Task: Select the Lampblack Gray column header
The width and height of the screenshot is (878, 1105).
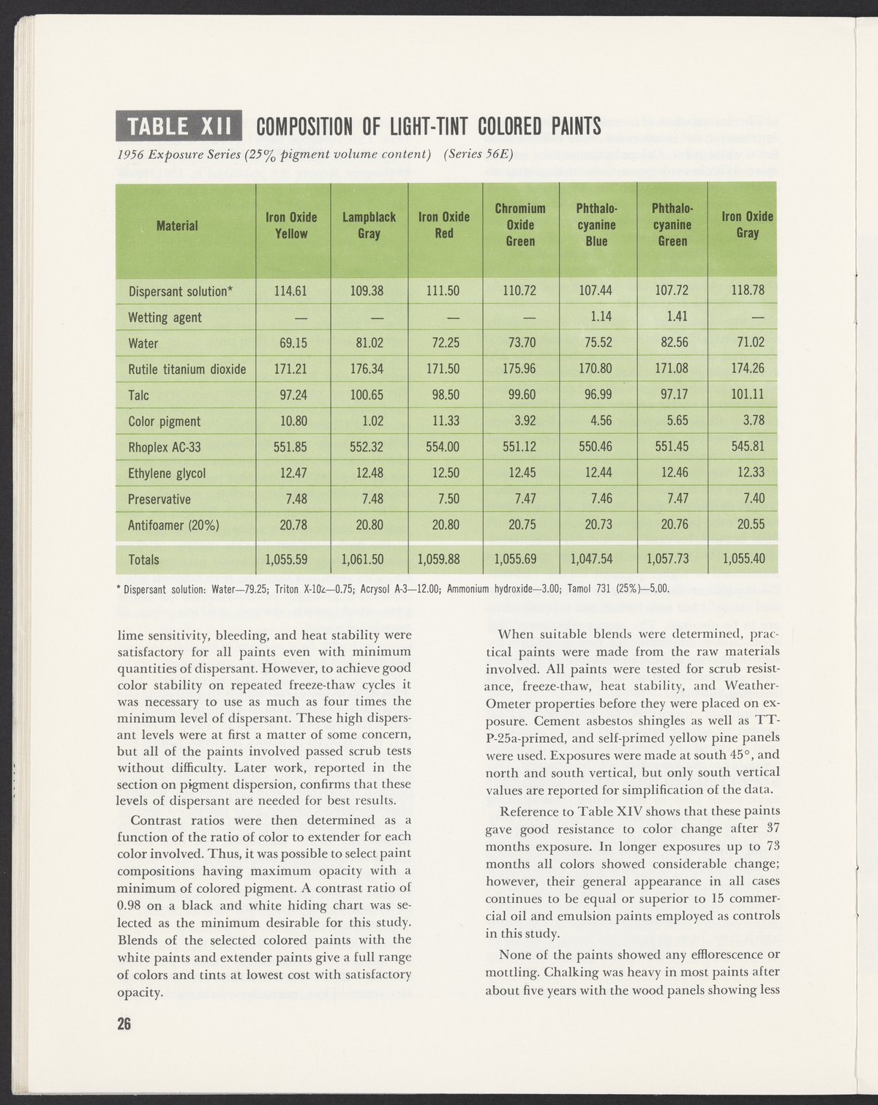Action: point(369,225)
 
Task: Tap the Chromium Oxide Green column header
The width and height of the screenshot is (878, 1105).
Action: point(520,225)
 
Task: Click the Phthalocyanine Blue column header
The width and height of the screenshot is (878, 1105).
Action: point(596,225)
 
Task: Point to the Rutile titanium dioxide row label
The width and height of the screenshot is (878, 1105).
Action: point(187,370)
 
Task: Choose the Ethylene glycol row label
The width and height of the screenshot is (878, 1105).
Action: point(166,473)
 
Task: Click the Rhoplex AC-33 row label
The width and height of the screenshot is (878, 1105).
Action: point(159,447)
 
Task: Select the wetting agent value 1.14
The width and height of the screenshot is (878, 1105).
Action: point(596,318)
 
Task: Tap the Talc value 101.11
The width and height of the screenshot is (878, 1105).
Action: point(748,395)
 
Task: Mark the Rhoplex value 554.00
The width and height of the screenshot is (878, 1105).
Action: point(443,447)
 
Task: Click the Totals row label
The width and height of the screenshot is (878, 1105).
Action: point(143,560)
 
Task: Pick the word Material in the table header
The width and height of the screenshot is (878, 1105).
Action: point(177,225)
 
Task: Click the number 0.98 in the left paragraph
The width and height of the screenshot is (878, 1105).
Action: point(132,905)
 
